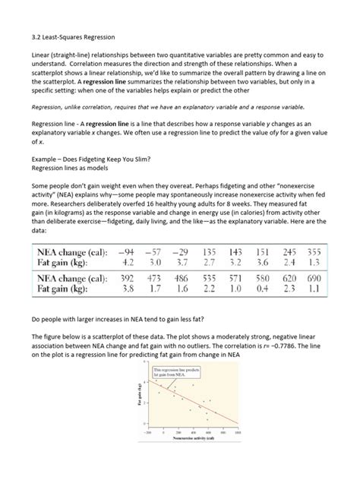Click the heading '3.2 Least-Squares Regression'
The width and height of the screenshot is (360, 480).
point(69,33)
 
